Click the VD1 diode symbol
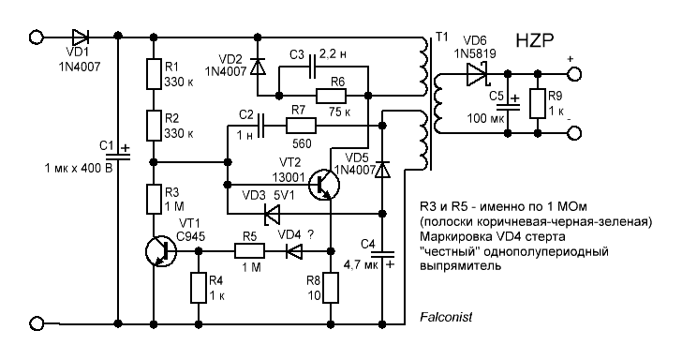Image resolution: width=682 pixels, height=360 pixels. point(81,37)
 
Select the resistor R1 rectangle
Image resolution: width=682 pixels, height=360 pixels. point(154,74)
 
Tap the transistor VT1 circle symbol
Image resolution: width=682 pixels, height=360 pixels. point(160,251)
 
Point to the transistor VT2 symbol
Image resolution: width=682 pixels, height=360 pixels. point(323,185)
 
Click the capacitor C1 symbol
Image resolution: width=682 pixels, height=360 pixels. point(118,156)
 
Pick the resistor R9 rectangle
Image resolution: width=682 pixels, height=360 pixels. point(538,103)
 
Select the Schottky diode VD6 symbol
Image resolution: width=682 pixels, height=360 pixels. point(476,75)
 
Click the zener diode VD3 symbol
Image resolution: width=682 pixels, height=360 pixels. point(272,214)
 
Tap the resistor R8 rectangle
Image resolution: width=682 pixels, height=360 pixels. point(331,287)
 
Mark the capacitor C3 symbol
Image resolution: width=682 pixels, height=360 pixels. point(312,67)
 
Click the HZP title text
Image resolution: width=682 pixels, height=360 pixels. point(535,41)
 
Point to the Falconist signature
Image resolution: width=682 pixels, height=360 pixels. point(446,317)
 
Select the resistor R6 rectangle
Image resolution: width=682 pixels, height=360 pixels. point(331,96)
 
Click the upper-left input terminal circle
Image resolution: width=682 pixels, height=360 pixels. point(37,37)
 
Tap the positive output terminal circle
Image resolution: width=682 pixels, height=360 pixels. point(574,74)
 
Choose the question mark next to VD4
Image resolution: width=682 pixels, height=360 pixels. point(310,235)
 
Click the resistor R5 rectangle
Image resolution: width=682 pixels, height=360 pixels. point(249,251)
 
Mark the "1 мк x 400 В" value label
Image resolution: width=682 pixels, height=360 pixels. point(79,168)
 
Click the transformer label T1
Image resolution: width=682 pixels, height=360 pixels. point(441,37)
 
